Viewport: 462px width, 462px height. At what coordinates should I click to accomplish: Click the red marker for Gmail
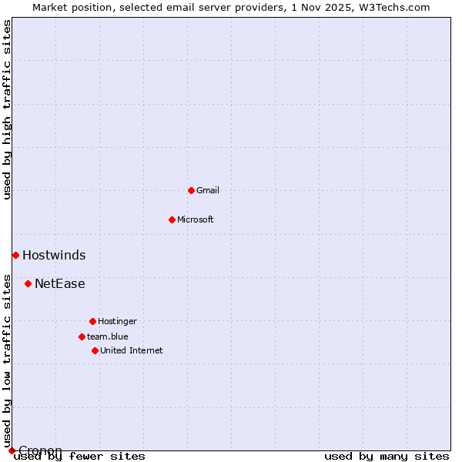click(x=191, y=190)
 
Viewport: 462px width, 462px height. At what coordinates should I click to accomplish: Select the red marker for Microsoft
click(x=172, y=219)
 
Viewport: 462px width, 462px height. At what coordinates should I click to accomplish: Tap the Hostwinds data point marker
click(x=15, y=255)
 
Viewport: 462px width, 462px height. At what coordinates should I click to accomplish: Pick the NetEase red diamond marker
click(x=28, y=283)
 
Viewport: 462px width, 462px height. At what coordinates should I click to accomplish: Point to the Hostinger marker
click(x=92, y=321)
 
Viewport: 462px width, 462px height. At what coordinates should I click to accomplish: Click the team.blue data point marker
click(x=82, y=336)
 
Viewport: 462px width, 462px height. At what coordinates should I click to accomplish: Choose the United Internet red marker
click(x=95, y=350)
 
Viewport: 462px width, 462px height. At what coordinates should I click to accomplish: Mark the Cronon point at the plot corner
click(x=12, y=450)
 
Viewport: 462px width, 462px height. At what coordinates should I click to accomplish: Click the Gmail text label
click(x=208, y=190)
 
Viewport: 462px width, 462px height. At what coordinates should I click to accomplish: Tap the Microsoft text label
click(x=196, y=219)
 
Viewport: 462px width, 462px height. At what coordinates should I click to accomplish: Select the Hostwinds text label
click(x=54, y=255)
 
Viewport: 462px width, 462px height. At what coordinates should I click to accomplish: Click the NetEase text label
click(x=60, y=283)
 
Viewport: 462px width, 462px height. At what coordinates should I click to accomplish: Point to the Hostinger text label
click(x=117, y=321)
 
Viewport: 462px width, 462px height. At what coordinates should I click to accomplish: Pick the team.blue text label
click(x=108, y=336)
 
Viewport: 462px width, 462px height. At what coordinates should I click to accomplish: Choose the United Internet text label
click(x=132, y=350)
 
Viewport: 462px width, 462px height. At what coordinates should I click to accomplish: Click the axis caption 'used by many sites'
click(x=387, y=457)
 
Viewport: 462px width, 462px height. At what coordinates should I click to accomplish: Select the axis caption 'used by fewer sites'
click(x=80, y=457)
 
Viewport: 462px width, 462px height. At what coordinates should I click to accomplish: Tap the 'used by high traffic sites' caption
click(x=8, y=109)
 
